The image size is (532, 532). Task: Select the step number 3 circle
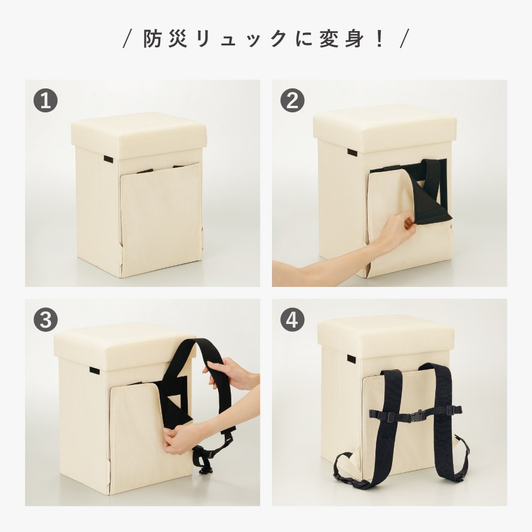coord(45,320)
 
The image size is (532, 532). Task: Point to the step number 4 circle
coord(292,320)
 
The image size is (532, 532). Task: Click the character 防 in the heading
coord(152,38)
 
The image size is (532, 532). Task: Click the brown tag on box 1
coord(108,159)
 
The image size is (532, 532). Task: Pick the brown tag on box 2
coord(352,152)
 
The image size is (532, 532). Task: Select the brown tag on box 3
coord(94,371)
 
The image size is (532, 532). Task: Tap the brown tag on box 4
coord(351,359)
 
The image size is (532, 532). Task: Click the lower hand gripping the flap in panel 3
coord(180,439)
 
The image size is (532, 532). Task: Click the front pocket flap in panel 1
coord(160,220)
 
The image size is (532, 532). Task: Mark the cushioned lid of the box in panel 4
coord(386,335)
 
